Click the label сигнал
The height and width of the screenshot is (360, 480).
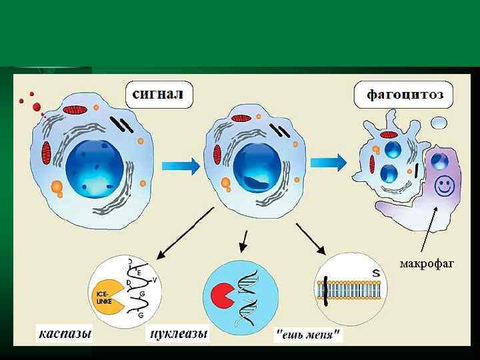coord(159,93)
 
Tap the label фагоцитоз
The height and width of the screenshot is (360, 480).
coord(405,94)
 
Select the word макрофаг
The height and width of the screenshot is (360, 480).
coord(427,264)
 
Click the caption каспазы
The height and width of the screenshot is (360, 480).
coord(64,332)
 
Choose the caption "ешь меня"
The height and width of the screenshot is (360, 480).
coord(309,333)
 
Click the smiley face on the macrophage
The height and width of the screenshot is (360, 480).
coord(443,185)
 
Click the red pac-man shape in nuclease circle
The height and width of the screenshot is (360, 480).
coord(220,296)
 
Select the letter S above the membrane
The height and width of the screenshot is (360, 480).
coord(376,273)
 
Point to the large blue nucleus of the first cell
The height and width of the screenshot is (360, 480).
coord(94,167)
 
